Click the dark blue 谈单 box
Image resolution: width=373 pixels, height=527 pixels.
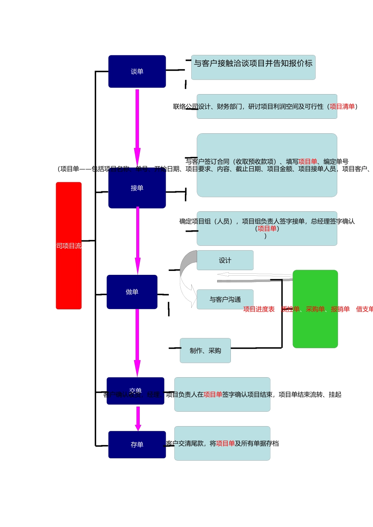137,71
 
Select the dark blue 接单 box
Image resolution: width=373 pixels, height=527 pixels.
137,188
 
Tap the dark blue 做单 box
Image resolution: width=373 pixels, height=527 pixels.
132,292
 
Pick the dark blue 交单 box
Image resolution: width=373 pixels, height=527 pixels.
135,391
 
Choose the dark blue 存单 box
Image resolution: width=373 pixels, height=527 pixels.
137,445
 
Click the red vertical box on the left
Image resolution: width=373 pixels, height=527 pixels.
69,245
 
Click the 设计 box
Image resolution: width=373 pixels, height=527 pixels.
225,260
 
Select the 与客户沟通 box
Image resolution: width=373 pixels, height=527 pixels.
225,300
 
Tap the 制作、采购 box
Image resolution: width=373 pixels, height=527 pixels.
205,351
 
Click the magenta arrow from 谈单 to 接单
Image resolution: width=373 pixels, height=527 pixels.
137,125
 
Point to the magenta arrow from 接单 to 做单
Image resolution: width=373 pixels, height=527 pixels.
137,239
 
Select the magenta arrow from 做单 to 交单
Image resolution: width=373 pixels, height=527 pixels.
137,341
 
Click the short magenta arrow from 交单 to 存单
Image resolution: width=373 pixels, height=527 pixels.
138,418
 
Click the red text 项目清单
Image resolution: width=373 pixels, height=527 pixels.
342,107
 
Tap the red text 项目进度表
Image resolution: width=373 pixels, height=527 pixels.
259,309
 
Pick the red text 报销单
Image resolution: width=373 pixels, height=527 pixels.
340,309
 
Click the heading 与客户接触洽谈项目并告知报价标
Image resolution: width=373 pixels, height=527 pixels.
253,64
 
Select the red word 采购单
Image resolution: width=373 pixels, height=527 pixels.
315,309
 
